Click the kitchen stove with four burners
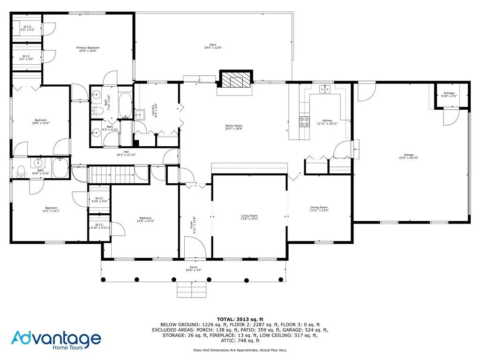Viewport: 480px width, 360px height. pyautogui.click(x=304, y=121)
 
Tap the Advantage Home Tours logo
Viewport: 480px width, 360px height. pyautogui.click(x=56, y=340)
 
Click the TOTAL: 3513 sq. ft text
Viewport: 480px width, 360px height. pyautogui.click(x=240, y=319)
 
